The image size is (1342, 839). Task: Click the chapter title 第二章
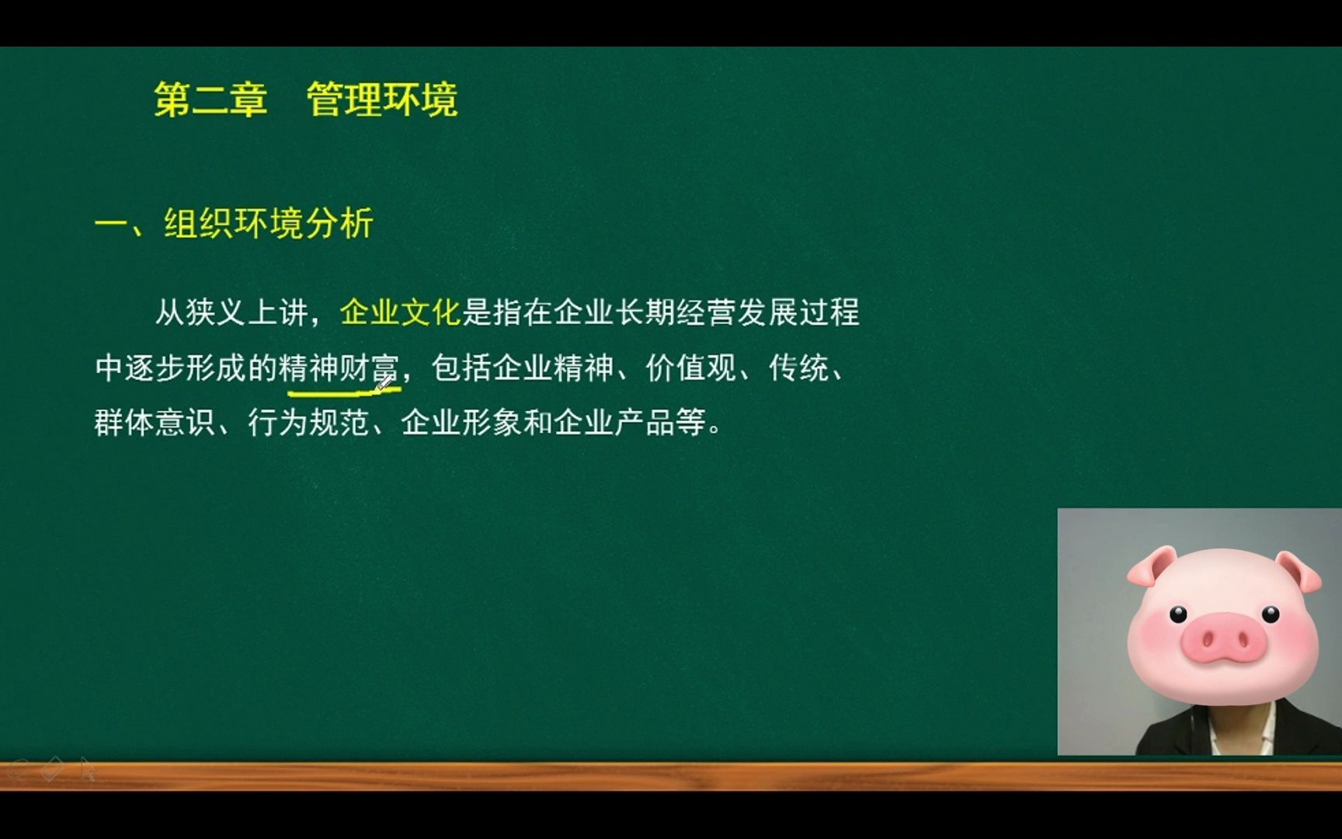tap(210, 99)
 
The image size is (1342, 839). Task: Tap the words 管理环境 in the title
tap(382, 99)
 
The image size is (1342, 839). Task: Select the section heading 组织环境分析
tap(269, 224)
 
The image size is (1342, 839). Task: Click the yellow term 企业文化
tap(401, 312)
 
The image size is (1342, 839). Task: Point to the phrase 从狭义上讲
tap(231, 312)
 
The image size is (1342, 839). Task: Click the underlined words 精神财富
tap(339, 367)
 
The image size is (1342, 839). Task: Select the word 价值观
tap(690, 367)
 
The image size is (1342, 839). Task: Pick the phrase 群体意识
tap(154, 423)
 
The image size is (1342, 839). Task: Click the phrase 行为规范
tap(308, 423)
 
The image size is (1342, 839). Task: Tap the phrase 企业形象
tap(461, 423)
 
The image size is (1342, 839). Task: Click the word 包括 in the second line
tap(461, 367)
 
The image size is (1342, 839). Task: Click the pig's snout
tap(1223, 639)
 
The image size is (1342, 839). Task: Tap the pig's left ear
tap(1150, 567)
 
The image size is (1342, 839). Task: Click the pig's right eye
tap(1271, 614)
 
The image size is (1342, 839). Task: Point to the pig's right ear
tap(1299, 571)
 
